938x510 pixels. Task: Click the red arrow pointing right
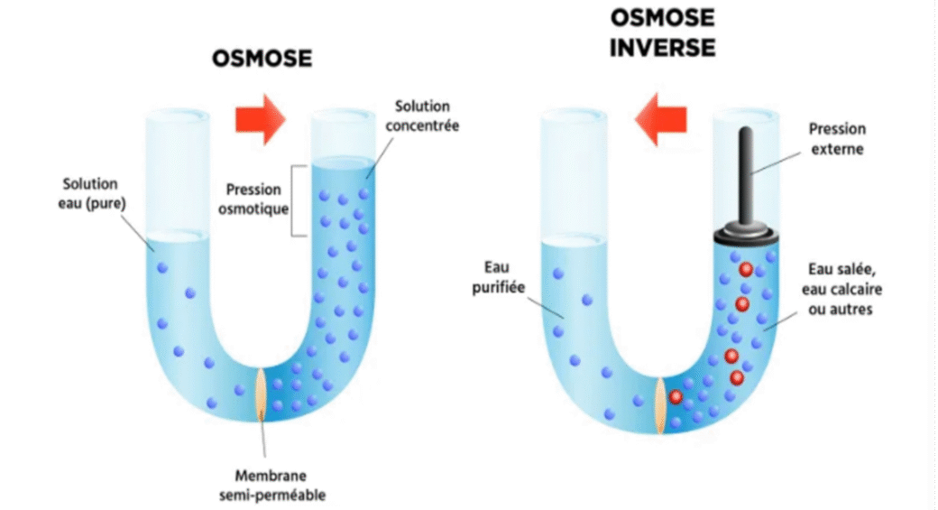tap(260, 121)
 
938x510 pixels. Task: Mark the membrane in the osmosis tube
tap(262, 394)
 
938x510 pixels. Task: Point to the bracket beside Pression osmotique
tap(294, 200)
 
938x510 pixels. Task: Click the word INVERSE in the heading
tap(662, 47)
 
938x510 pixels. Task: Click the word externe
tap(837, 149)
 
